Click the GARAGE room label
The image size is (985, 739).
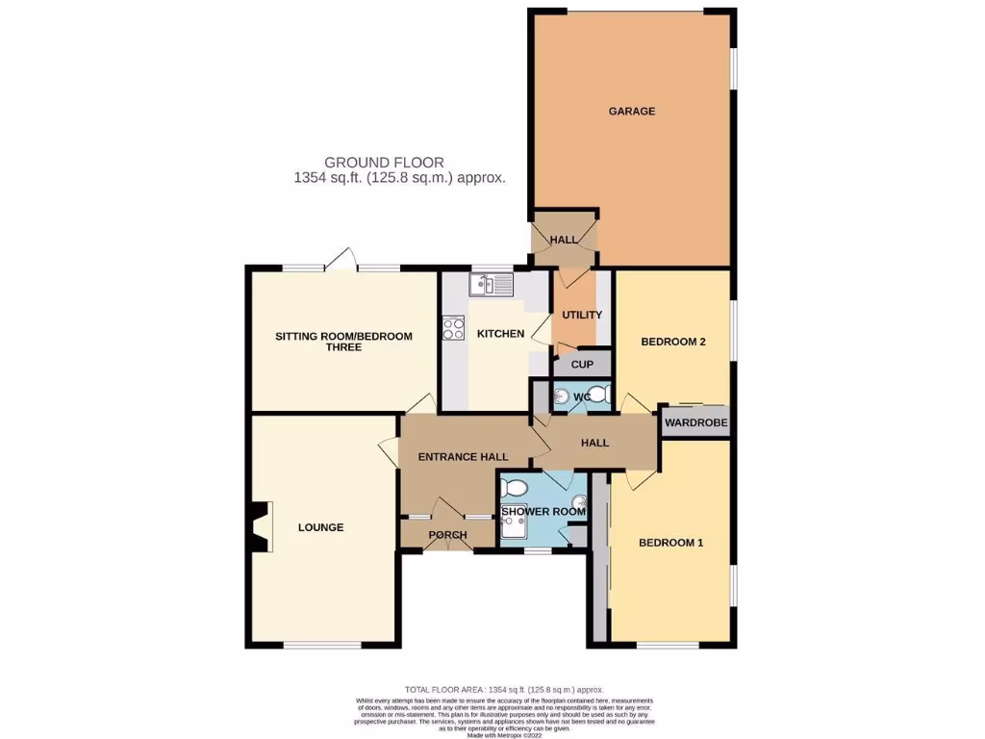click(631, 112)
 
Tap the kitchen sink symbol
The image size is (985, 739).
click(492, 284)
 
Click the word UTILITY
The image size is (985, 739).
click(581, 315)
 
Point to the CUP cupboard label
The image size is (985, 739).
click(582, 365)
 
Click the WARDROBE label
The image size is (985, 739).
click(695, 422)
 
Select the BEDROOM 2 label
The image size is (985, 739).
click(673, 341)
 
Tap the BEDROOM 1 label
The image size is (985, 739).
click(670, 543)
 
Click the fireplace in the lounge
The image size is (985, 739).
click(261, 527)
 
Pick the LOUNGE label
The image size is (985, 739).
click(320, 527)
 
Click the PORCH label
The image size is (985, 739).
click(447, 535)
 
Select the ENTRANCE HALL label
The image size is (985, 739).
click(462, 456)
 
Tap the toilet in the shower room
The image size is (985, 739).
click(513, 486)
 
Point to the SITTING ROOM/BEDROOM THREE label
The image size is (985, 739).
click(343, 341)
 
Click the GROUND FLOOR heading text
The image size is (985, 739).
click(384, 163)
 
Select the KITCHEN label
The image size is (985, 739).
click(500, 334)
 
